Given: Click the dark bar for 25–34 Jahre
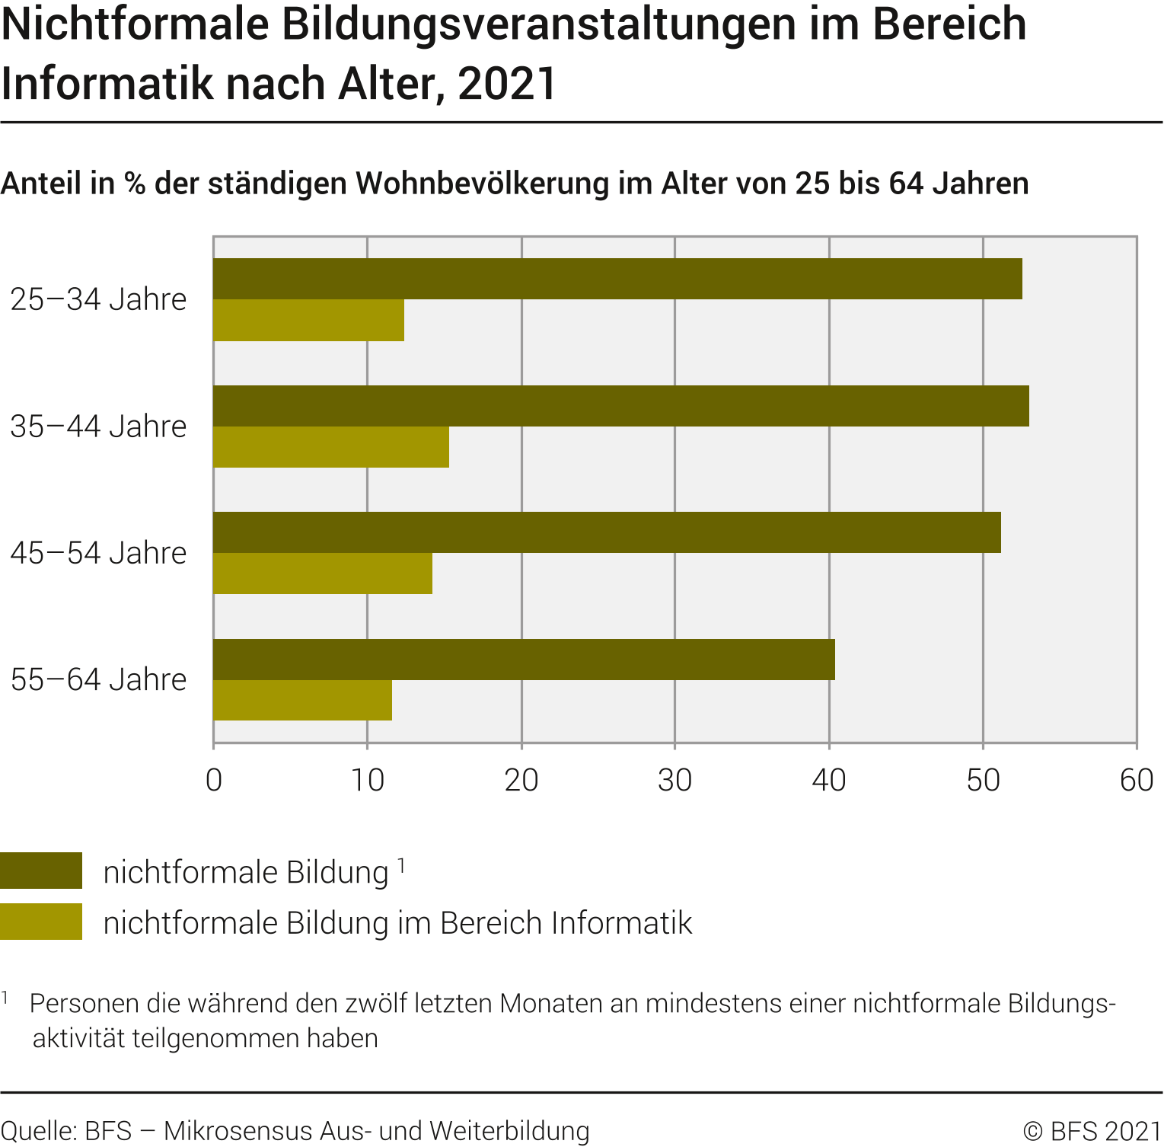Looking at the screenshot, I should coord(617,279).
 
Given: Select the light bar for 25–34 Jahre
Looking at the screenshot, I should coord(308,321).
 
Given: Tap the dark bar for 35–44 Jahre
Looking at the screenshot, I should coord(620,406).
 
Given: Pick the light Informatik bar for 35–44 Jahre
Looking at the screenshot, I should coord(331,447).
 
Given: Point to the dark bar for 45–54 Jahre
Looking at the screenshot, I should coord(607,532).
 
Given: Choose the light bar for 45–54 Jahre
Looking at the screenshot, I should coord(323,573).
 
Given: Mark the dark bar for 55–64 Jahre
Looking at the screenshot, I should coord(524,660).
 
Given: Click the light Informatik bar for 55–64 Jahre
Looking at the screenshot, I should coord(302,700).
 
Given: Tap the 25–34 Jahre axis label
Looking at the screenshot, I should coord(98,299).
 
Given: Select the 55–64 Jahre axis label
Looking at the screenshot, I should coord(98,679).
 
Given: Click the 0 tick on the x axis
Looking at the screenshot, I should coord(214,780).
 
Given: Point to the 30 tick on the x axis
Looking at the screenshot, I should coord(674,780).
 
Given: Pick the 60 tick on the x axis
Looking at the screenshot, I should coord(1136,780).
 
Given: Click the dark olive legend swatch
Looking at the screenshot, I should coord(41,871).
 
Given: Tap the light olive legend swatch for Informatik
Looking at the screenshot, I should coord(41,922).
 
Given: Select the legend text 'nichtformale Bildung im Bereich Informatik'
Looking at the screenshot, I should coord(397,923).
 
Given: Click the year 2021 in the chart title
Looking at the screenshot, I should coord(507,84).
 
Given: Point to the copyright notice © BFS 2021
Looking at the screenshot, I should coord(1092,1131).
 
